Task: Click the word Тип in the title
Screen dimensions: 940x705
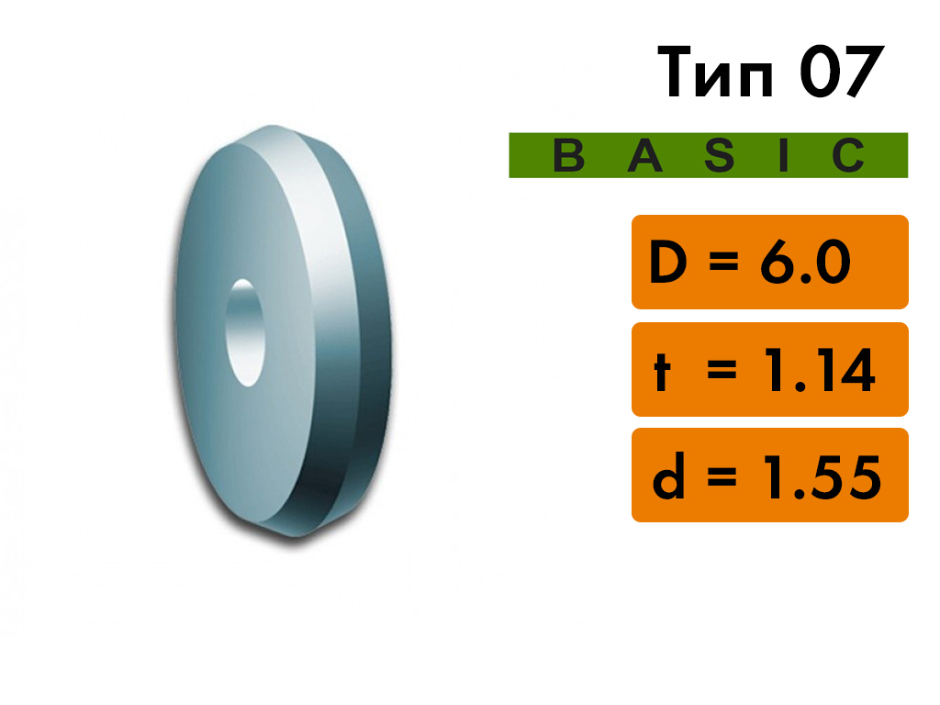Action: (716, 72)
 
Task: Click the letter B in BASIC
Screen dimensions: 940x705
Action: (568, 155)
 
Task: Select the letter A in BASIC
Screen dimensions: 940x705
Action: (645, 155)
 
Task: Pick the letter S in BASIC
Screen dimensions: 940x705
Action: (720, 155)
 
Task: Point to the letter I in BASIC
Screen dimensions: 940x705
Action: (783, 155)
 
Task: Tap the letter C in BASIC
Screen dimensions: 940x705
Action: (849, 155)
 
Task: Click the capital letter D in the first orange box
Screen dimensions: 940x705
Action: (668, 262)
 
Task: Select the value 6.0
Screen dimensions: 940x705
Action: (805, 262)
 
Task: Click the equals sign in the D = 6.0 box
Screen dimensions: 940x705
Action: (723, 262)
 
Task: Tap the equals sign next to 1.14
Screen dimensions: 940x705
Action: (722, 370)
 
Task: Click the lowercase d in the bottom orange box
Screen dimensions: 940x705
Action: (668, 476)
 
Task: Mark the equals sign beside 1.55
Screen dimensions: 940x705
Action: (722, 477)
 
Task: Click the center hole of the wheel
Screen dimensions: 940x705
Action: (244, 332)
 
